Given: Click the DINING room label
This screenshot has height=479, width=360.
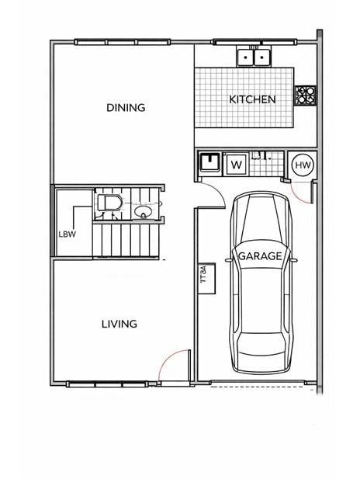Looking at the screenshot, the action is [126, 108].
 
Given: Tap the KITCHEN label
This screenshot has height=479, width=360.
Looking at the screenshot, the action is [252, 99].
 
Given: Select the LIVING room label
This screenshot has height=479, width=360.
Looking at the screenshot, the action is [119, 324].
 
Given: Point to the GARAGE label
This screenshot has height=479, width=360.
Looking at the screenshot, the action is [260, 255].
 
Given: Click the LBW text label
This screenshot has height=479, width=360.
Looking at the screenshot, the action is [67, 234].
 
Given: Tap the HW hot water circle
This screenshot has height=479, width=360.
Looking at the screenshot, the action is [303, 165].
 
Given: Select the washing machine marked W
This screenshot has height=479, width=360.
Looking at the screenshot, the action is [236, 165].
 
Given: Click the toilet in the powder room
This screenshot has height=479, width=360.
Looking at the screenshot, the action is [109, 202].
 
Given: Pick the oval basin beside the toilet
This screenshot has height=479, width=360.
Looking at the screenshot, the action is [144, 211].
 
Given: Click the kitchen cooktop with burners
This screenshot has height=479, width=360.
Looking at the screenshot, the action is [305, 95].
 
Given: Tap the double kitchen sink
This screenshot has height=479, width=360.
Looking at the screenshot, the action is [254, 56].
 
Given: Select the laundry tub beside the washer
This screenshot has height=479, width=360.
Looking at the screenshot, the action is [209, 162].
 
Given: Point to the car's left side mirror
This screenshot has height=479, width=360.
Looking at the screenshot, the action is [228, 260].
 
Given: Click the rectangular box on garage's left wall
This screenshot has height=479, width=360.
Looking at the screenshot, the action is [206, 278].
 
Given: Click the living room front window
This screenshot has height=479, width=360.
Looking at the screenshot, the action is [107, 384].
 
